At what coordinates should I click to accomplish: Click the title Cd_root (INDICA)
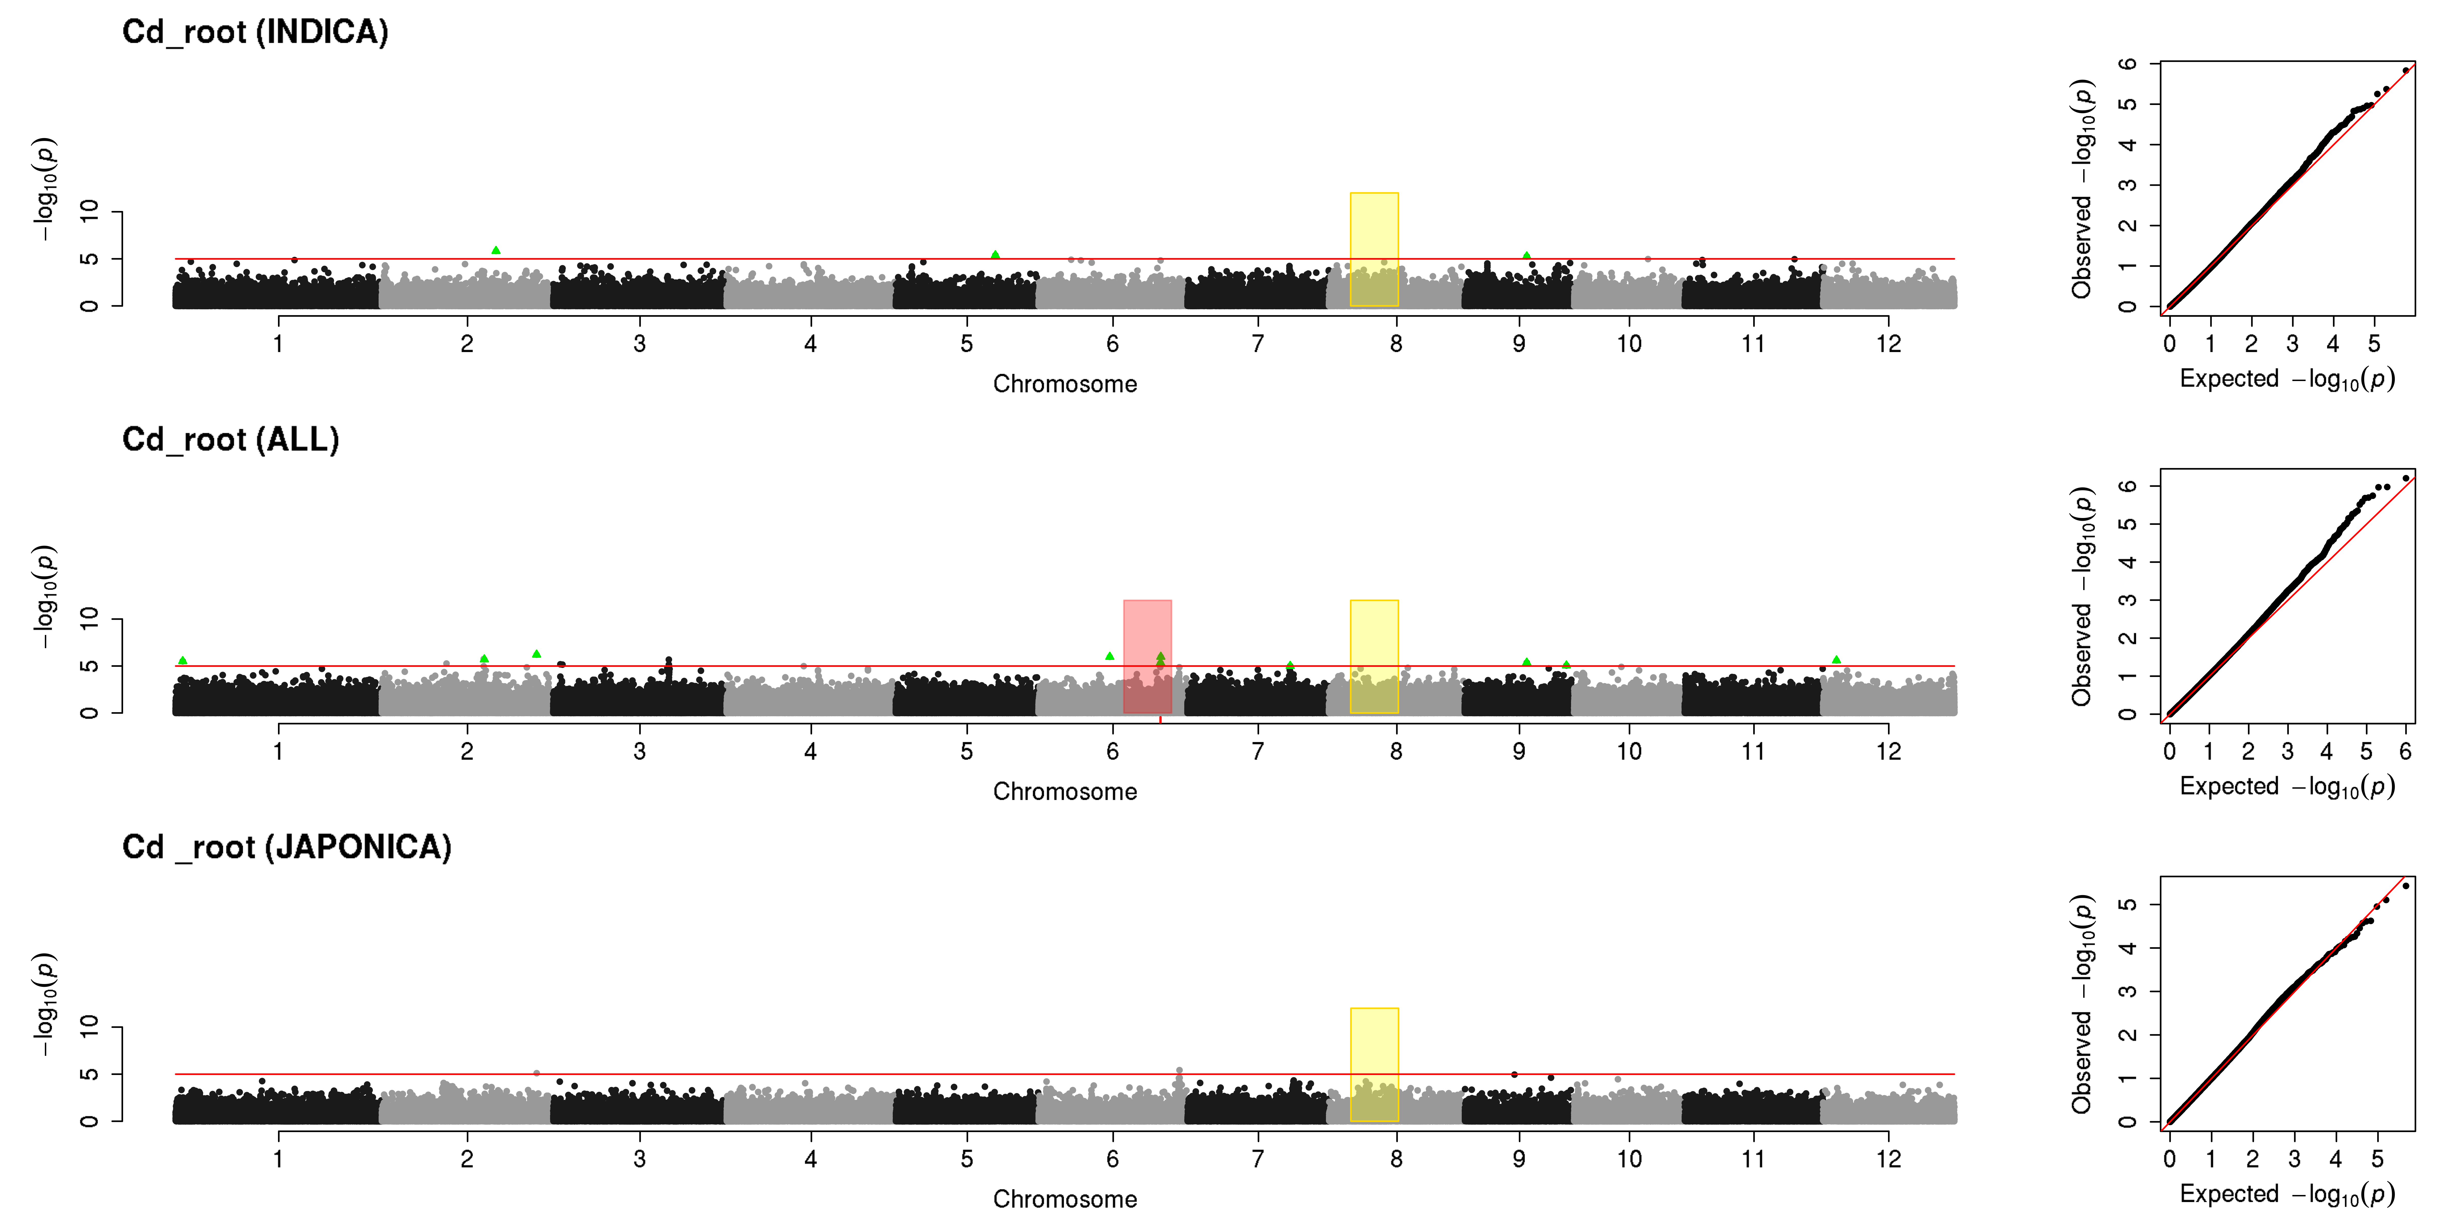click(x=255, y=32)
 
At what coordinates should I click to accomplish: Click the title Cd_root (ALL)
click(x=231, y=440)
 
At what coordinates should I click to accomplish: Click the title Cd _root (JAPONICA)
click(x=287, y=847)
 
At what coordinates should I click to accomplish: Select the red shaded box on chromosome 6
click(x=1147, y=656)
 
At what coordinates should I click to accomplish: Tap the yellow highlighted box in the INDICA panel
click(x=1374, y=249)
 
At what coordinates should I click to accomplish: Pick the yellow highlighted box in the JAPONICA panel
click(x=1374, y=1065)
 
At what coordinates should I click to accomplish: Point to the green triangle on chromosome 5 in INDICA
click(x=995, y=255)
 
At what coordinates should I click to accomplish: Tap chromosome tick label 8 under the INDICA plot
click(x=1396, y=344)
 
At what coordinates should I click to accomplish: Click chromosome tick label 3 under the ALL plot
click(x=640, y=751)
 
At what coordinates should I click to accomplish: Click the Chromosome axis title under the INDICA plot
click(x=1065, y=384)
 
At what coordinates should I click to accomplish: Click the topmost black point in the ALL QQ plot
click(x=2405, y=478)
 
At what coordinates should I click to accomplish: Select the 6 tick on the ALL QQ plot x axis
click(x=2405, y=751)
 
